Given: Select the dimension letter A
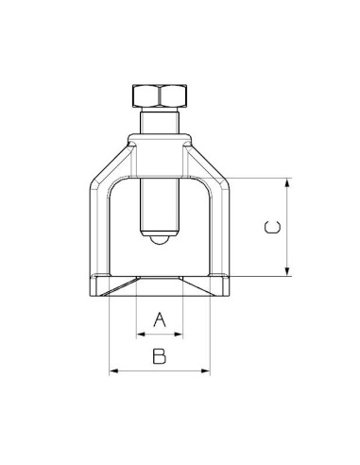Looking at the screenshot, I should pyautogui.click(x=160, y=320).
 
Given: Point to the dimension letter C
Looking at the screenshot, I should pyautogui.click(x=271, y=227).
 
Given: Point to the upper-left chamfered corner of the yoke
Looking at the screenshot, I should pyautogui.click(x=109, y=156).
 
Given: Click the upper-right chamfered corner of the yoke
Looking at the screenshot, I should pyautogui.click(x=211, y=156).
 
